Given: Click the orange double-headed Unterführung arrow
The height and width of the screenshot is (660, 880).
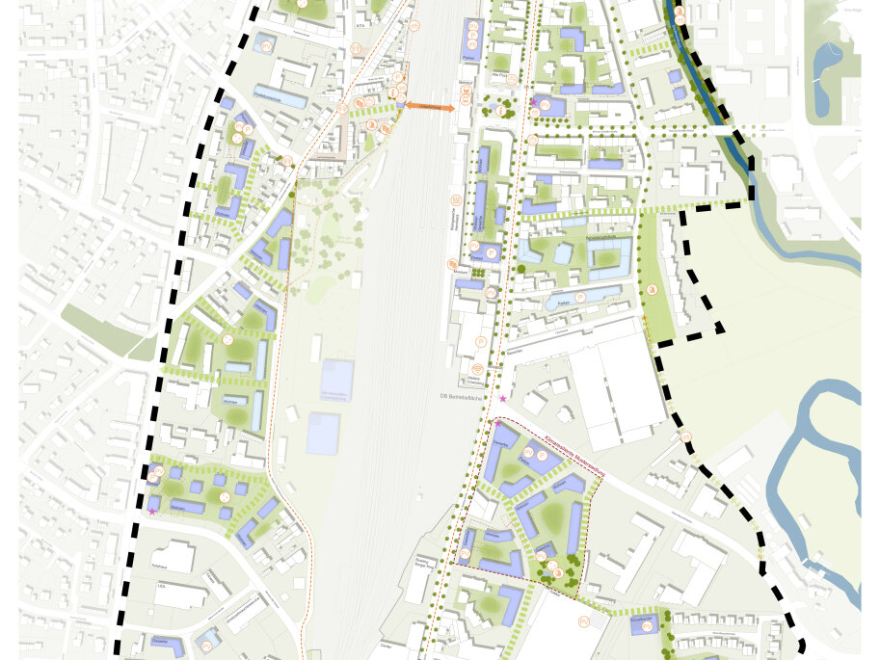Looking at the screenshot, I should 429,106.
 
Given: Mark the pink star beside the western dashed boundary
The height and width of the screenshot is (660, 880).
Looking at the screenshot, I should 152,512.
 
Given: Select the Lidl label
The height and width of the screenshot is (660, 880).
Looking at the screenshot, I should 164,584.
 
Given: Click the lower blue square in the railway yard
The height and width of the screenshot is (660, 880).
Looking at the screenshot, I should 323,434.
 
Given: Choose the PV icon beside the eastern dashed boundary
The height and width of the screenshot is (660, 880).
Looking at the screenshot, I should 685,437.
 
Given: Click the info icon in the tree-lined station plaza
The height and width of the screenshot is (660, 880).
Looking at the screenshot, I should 500,111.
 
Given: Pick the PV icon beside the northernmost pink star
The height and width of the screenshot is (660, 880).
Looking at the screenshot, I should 545,104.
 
